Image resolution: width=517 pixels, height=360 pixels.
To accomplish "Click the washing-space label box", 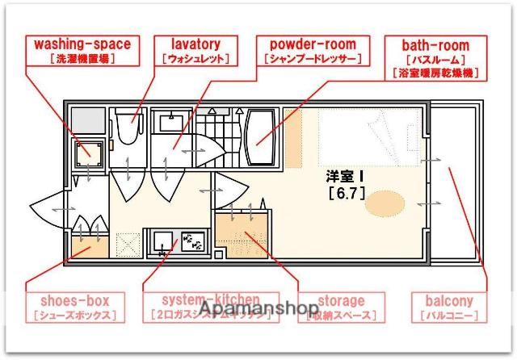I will (81, 50).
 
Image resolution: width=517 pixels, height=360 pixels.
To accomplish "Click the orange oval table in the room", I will (383, 203).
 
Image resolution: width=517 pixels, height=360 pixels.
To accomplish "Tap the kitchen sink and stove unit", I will (179, 241).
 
